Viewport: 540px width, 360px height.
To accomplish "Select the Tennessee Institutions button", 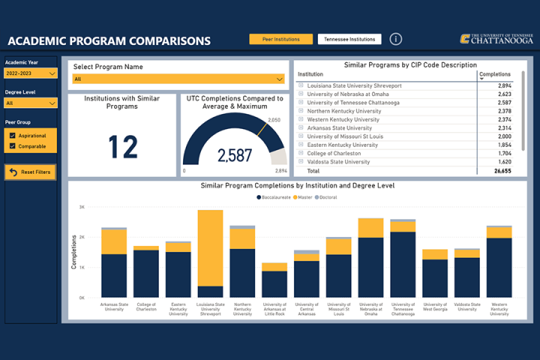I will (349, 39).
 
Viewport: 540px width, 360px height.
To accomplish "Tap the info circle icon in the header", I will (396, 39).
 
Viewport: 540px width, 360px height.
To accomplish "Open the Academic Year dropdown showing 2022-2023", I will (31, 73).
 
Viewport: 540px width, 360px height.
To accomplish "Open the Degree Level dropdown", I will (31, 103).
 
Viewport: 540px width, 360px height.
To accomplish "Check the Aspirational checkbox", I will (11, 135).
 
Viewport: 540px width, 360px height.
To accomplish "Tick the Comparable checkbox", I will (11, 145).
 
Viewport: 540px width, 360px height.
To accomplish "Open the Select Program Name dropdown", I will (178, 79).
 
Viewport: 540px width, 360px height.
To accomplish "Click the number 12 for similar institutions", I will (123, 148).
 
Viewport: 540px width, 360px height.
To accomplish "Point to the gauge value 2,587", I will (235, 156).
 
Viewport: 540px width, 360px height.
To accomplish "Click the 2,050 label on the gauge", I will (274, 120).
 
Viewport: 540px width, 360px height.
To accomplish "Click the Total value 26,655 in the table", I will (502, 171).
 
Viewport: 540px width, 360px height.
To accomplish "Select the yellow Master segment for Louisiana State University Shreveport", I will (210, 247).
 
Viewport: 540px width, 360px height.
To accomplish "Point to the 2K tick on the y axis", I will (82, 237).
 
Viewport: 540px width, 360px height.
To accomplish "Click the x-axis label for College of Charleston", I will (145, 307).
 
